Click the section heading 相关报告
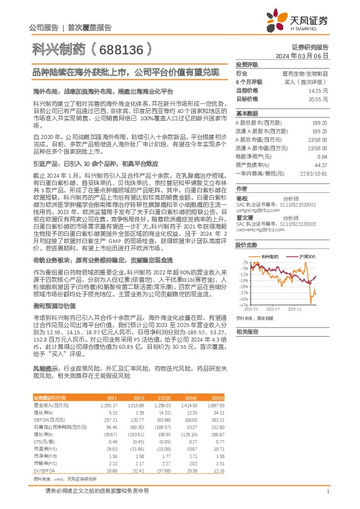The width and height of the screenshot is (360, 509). click(x=247, y=332)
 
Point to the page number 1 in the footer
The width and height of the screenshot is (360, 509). click(x=327, y=491)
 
